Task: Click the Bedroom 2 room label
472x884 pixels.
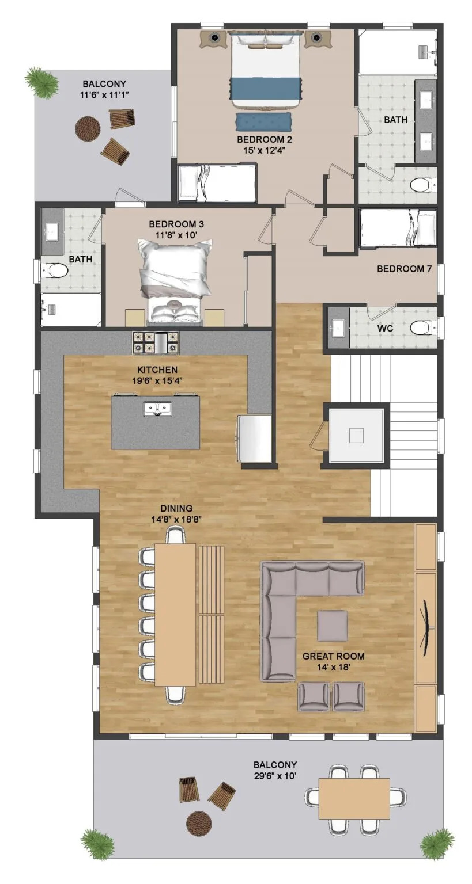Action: click(x=260, y=139)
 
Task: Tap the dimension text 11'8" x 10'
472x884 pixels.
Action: click(x=176, y=234)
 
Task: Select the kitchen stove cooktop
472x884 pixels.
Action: click(x=156, y=343)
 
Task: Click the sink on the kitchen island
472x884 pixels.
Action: click(x=156, y=409)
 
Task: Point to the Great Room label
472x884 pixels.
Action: click(x=333, y=656)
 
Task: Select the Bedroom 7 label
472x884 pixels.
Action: click(x=404, y=269)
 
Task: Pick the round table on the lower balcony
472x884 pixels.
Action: click(x=199, y=823)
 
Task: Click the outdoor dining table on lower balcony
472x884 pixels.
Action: click(x=354, y=798)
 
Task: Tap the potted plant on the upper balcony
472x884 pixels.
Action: click(x=41, y=82)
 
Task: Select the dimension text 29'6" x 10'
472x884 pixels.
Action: click(x=275, y=775)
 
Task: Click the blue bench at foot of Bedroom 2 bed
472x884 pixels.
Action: click(x=263, y=122)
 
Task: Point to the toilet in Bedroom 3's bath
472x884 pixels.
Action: click(x=56, y=270)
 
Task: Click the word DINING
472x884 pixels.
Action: click(x=176, y=508)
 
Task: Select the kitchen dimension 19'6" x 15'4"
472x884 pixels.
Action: click(x=157, y=380)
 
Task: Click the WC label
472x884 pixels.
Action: click(x=385, y=328)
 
